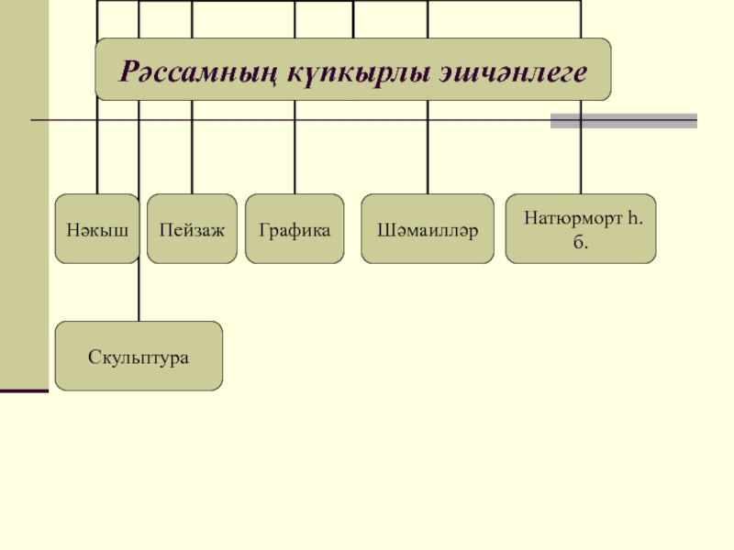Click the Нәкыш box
[96, 229]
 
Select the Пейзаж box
[192, 229]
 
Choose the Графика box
[295, 229]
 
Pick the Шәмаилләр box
[428, 229]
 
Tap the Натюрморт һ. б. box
[581, 229]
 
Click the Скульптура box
[139, 356]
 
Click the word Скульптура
[139, 356]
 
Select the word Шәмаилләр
[428, 229]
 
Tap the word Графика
[295, 229]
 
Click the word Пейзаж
[192, 229]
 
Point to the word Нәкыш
[96, 229]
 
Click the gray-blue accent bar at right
[623, 121]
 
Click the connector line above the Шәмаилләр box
[428, 156]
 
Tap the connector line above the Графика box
[295, 156]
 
